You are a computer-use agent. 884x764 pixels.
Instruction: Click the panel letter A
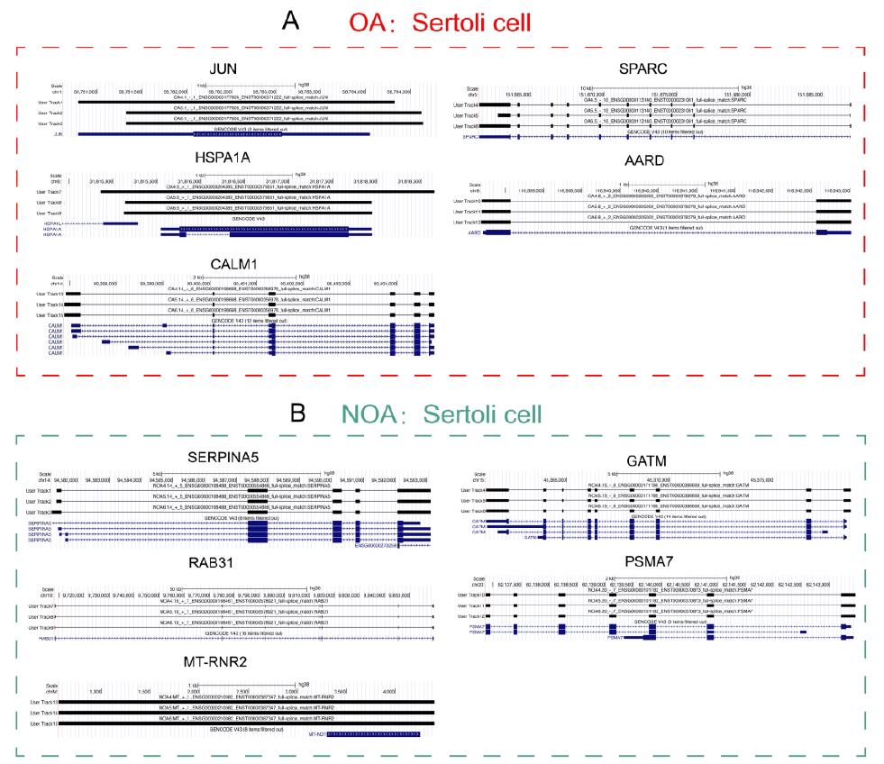(290, 21)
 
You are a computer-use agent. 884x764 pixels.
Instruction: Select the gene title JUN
(223, 69)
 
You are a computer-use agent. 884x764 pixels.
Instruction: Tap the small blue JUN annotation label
(59, 134)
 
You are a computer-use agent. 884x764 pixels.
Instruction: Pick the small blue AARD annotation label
(472, 232)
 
